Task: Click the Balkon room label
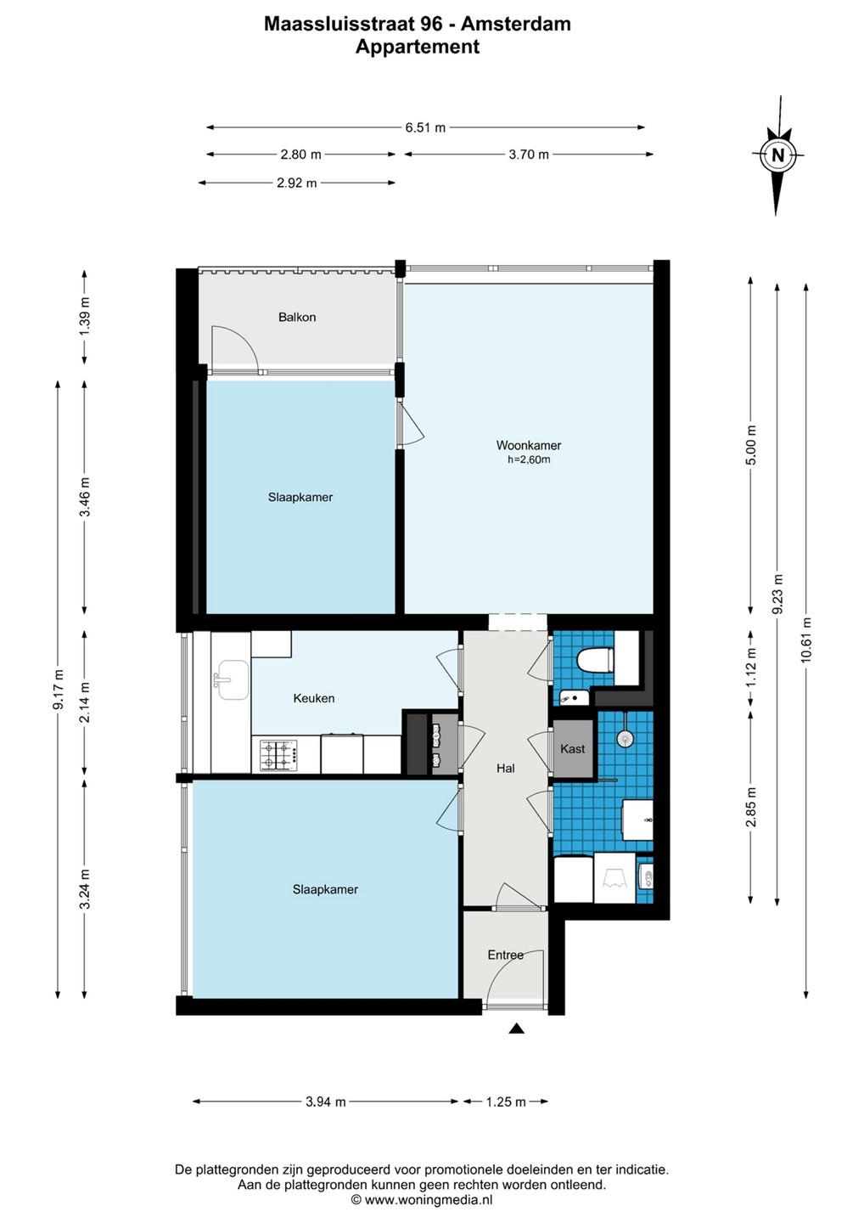pyautogui.click(x=297, y=318)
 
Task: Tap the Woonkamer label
pyautogui.click(x=529, y=445)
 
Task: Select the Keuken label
pyautogui.click(x=314, y=698)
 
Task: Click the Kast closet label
pyautogui.click(x=572, y=748)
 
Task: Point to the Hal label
pyautogui.click(x=506, y=768)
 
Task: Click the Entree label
pyautogui.click(x=506, y=955)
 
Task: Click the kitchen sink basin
pyautogui.click(x=233, y=679)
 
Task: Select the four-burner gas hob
pyautogui.click(x=278, y=755)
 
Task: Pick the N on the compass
pyautogui.click(x=778, y=155)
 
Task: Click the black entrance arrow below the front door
pyautogui.click(x=517, y=1029)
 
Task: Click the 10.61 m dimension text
pyautogui.click(x=806, y=640)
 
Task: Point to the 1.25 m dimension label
pyautogui.click(x=506, y=1102)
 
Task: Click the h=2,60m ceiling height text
pyautogui.click(x=529, y=459)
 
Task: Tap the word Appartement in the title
pyautogui.click(x=418, y=47)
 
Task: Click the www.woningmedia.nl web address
pyautogui.click(x=429, y=1199)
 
